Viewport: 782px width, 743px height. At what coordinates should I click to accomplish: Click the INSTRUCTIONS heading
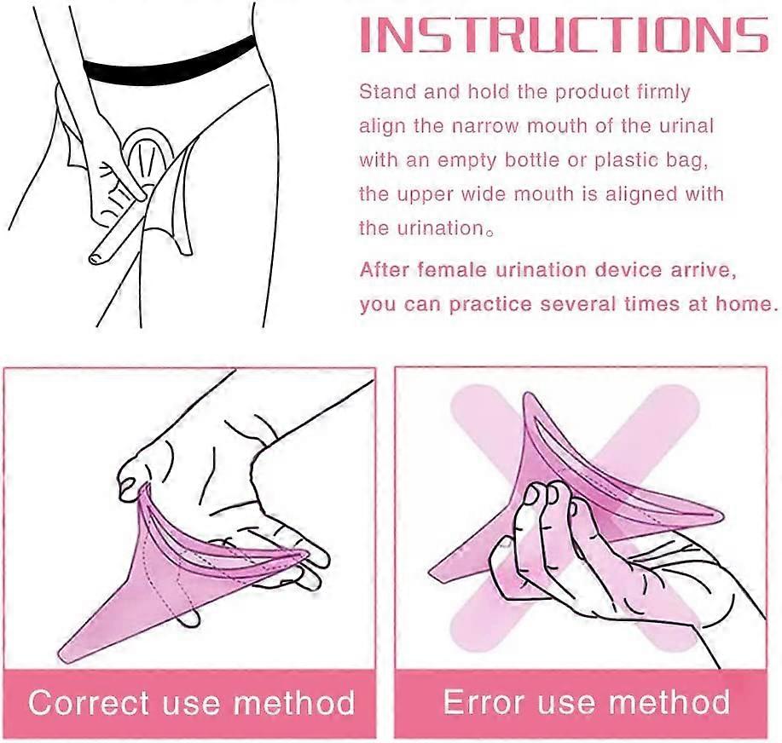tap(562, 36)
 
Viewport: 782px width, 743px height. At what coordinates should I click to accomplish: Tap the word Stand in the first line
tap(385, 91)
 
